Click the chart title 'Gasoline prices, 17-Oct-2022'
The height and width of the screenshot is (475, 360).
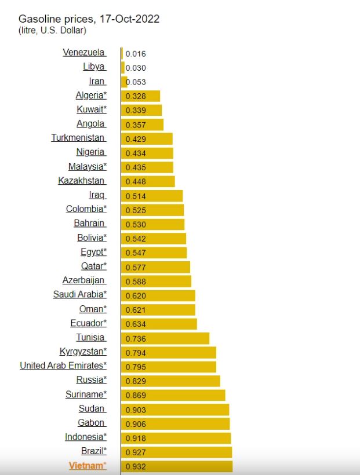[89, 19]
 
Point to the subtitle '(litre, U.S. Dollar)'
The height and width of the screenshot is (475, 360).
[52, 30]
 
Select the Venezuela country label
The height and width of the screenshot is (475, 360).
[83, 53]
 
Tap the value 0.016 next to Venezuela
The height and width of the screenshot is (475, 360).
[135, 54]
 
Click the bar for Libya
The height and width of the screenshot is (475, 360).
[123, 67]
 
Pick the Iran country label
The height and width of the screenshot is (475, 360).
[96, 81]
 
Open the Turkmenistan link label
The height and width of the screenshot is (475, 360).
[78, 138]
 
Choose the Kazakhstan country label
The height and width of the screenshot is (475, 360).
[81, 181]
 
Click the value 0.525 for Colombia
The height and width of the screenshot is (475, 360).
[135, 210]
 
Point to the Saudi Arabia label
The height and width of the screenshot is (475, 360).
[79, 294]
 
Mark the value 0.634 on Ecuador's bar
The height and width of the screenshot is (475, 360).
[135, 324]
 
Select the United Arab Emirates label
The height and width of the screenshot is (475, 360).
[63, 366]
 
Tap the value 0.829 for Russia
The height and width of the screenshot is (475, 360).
[135, 381]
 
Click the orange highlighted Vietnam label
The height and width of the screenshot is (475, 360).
[88, 465]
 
